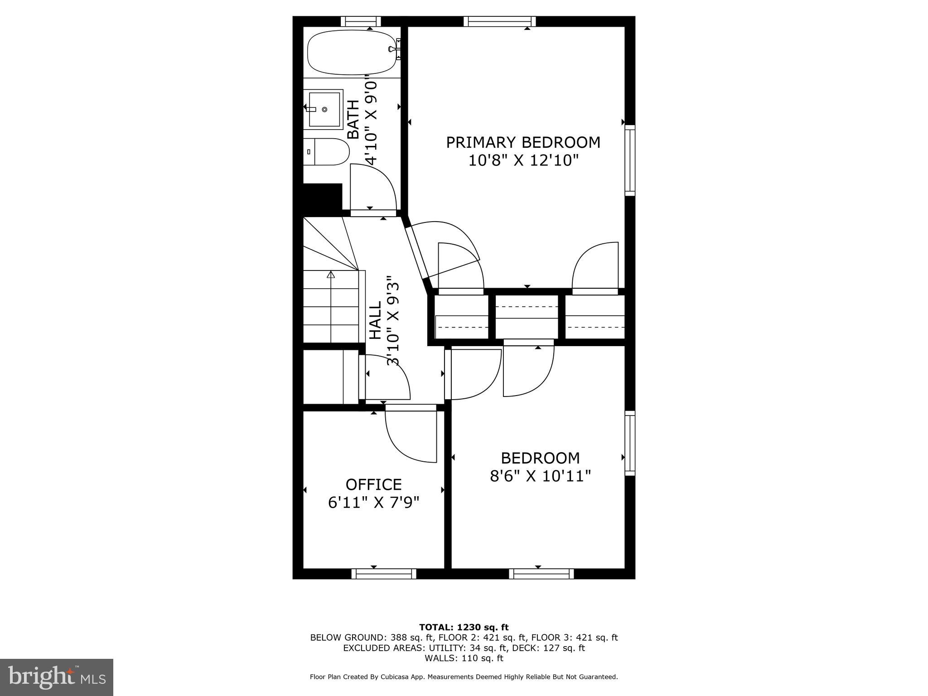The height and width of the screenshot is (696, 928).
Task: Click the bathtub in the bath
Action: point(351,52)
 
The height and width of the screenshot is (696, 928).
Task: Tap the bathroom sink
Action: point(324,109)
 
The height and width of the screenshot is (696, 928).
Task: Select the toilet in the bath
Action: point(326,152)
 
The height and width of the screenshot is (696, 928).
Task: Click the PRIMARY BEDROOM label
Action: point(523,142)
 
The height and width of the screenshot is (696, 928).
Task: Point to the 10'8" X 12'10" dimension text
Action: point(523,160)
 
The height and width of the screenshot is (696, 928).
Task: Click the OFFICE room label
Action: point(373,484)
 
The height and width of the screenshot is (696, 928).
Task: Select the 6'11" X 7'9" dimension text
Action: point(373,503)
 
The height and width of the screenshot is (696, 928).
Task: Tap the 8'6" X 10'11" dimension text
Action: point(540,476)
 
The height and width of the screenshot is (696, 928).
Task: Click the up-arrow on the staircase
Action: point(331,275)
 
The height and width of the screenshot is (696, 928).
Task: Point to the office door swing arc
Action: point(408,437)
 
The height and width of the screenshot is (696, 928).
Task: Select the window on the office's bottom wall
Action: point(384,574)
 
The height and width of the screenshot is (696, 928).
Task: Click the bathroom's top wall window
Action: point(361,21)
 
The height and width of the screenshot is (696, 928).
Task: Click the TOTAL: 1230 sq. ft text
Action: point(464,627)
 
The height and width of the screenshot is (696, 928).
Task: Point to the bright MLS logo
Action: point(57,677)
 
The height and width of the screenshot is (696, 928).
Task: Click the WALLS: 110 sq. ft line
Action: point(464,658)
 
